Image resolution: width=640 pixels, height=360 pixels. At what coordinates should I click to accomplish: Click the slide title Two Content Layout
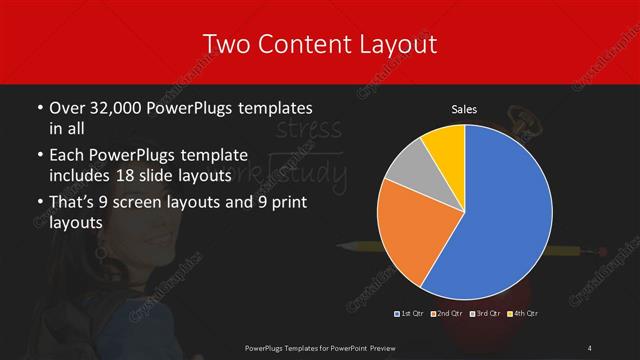pos(319,44)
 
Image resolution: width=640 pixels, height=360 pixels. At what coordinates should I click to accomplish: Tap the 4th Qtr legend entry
pos(522,314)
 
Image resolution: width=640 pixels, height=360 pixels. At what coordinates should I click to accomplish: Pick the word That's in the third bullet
pos(73,204)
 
